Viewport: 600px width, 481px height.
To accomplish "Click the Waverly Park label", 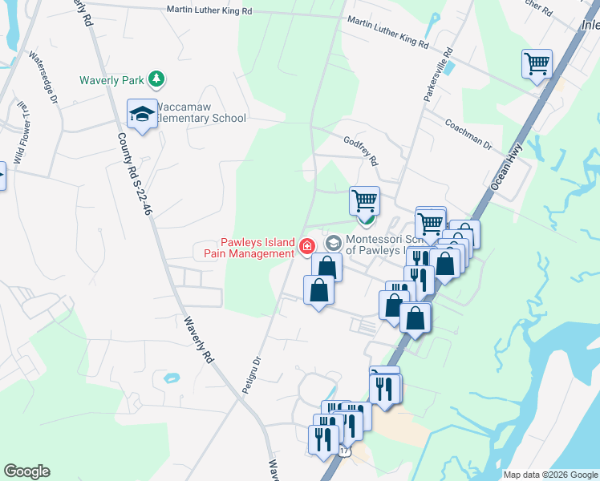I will click(x=111, y=79).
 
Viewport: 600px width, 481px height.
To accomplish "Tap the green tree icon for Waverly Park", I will click(x=159, y=79).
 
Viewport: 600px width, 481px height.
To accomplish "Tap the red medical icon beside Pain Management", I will click(x=306, y=246).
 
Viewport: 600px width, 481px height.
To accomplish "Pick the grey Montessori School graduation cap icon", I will click(x=333, y=242).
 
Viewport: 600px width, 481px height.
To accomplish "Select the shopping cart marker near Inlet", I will click(x=537, y=64).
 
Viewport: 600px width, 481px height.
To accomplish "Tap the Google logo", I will click(x=26, y=471).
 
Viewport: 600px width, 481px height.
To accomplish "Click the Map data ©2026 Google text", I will click(x=550, y=475).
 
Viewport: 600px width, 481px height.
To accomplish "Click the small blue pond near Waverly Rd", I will click(x=170, y=378).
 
